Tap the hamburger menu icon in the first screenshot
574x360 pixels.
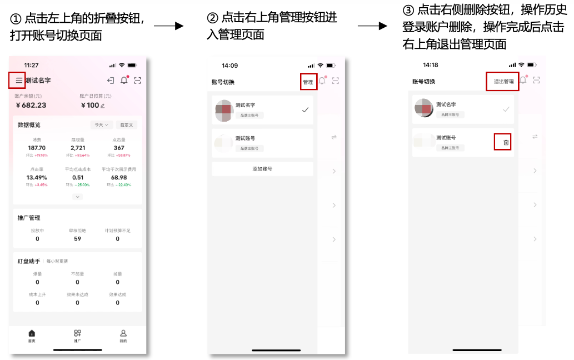click(19, 81)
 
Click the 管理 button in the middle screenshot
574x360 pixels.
click(308, 82)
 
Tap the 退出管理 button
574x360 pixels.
click(503, 82)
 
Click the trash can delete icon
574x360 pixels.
click(506, 143)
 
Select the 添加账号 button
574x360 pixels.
click(262, 169)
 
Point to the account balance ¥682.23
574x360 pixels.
click(31, 105)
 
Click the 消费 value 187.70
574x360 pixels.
click(37, 148)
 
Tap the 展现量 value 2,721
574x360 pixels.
click(77, 148)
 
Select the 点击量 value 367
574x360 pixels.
click(119, 148)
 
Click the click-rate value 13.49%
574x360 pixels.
click(37, 177)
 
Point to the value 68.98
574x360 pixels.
click(119, 177)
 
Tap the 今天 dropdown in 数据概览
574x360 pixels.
click(102, 125)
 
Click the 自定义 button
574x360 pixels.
click(126, 125)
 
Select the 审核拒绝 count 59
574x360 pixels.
click(77, 239)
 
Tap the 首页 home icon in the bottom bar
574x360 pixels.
click(32, 333)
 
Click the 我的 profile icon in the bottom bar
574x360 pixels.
click(123, 333)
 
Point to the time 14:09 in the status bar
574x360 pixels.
click(229, 66)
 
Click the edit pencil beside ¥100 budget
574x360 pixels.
click(103, 106)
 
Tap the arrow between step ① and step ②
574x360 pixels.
click(168, 26)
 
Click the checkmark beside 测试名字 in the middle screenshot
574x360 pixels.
click(305, 110)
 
